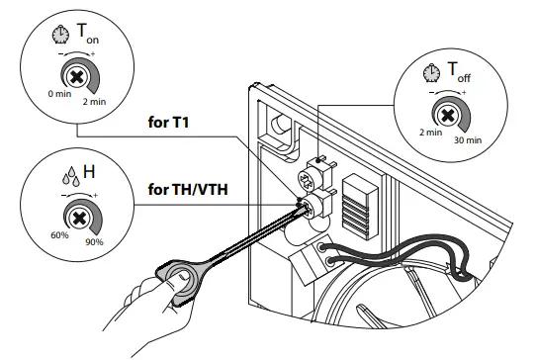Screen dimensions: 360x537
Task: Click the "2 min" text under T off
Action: point(428,132)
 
